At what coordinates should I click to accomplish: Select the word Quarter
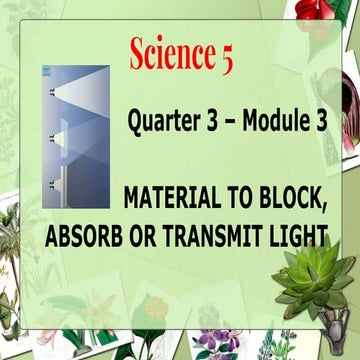[x=163, y=125]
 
